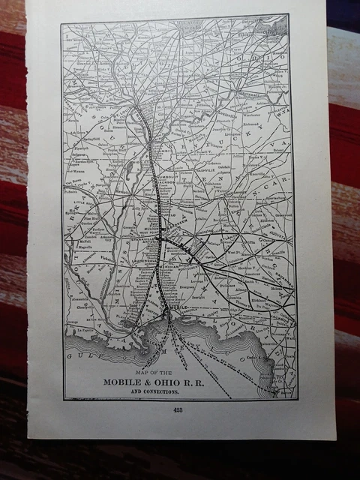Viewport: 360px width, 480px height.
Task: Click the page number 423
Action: pos(178,409)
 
